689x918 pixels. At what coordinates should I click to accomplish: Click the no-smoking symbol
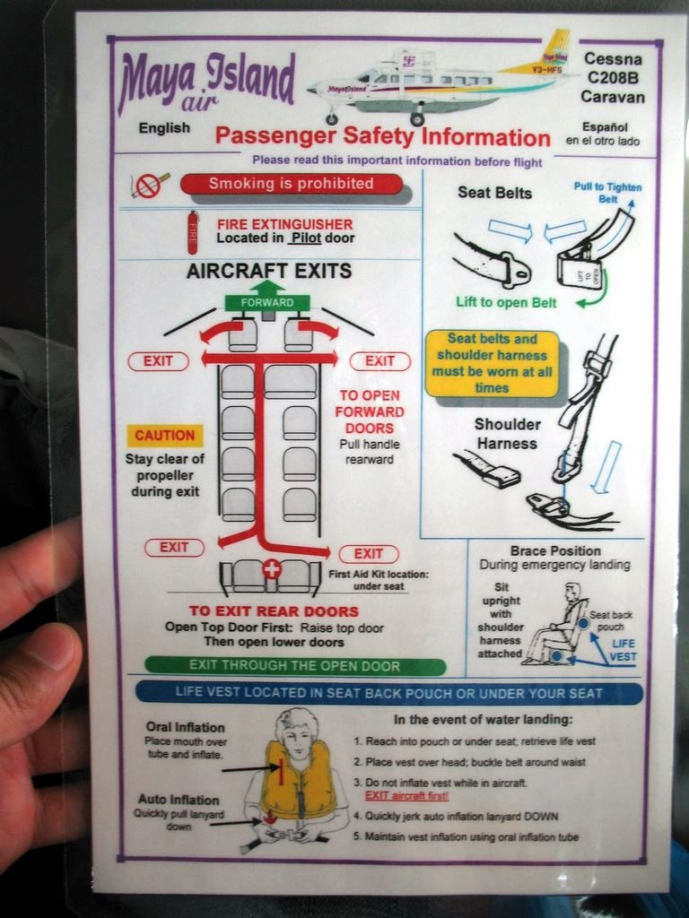pyautogui.click(x=149, y=186)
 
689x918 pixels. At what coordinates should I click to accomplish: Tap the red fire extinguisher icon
pyautogui.click(x=192, y=233)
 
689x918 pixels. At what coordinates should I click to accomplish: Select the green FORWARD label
pyautogui.click(x=267, y=303)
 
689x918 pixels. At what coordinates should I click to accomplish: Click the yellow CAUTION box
pyautogui.click(x=165, y=436)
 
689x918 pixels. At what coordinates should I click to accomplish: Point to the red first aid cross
pyautogui.click(x=271, y=568)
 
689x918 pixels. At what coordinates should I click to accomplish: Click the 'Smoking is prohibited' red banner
pyautogui.click(x=292, y=184)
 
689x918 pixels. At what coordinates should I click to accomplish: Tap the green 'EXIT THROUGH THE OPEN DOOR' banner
pyautogui.click(x=294, y=666)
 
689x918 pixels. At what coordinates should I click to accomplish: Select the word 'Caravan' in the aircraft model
pyautogui.click(x=613, y=97)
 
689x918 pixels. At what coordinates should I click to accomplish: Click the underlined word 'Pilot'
pyautogui.click(x=307, y=238)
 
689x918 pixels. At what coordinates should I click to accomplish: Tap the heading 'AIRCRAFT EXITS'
pyautogui.click(x=269, y=271)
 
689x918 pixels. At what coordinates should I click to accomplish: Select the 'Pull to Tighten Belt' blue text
pyautogui.click(x=607, y=193)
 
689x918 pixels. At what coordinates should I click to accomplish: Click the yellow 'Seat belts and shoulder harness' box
pyautogui.click(x=493, y=364)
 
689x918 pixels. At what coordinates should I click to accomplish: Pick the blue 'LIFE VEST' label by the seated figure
pyautogui.click(x=623, y=650)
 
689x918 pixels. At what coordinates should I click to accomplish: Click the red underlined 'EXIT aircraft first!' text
pyautogui.click(x=406, y=796)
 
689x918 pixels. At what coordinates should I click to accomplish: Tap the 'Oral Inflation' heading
pyautogui.click(x=185, y=727)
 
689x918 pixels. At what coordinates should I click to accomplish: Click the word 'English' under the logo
pyautogui.click(x=165, y=128)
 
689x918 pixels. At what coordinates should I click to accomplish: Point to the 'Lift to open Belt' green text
pyautogui.click(x=506, y=303)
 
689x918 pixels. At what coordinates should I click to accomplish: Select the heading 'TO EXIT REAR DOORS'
pyautogui.click(x=274, y=611)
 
